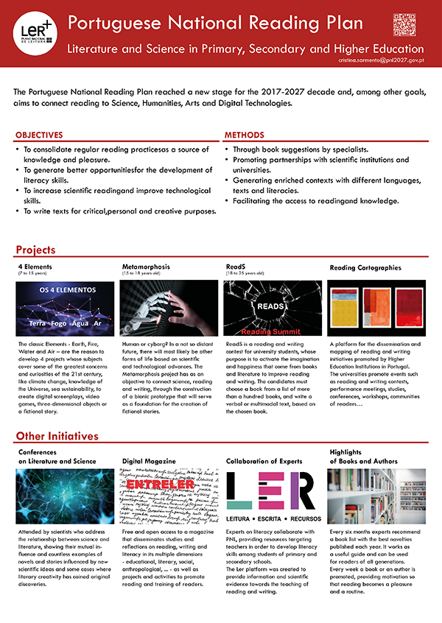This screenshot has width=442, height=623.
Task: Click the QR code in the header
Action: [x=404, y=25]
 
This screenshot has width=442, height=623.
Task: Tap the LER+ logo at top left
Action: [x=34, y=29]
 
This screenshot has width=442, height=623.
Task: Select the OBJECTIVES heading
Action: [x=39, y=135]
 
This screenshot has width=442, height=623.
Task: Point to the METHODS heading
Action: [x=244, y=135]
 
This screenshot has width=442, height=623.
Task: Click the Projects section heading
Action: [x=35, y=250]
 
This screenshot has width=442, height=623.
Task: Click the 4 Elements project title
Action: [x=35, y=266]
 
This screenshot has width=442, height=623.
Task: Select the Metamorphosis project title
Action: [x=147, y=266]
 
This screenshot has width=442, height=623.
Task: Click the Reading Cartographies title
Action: [x=365, y=268]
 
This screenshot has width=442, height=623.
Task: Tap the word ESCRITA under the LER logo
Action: [x=273, y=517]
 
